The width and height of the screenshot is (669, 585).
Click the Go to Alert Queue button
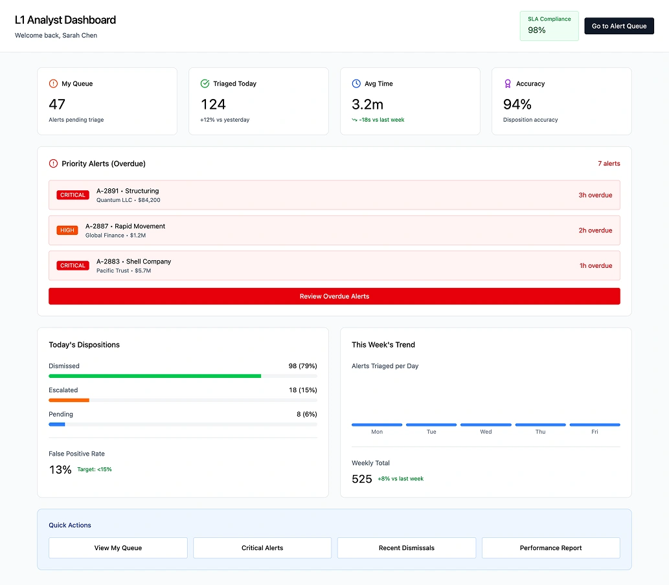pyautogui.click(x=619, y=26)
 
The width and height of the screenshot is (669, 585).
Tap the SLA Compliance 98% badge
pyautogui.click(x=549, y=25)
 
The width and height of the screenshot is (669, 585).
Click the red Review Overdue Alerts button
pyautogui.click(x=334, y=296)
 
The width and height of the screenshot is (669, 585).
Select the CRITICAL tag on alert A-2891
pyautogui.click(x=73, y=195)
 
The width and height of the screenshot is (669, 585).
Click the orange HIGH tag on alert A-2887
pyautogui.click(x=67, y=230)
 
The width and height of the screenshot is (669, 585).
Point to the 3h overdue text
pyautogui.click(x=595, y=195)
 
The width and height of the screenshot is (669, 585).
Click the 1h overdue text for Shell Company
pyautogui.click(x=596, y=265)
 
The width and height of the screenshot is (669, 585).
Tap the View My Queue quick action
pyautogui.click(x=118, y=547)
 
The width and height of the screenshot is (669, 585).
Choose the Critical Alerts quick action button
pyautogui.click(x=262, y=547)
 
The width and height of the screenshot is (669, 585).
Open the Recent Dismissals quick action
pyautogui.click(x=407, y=547)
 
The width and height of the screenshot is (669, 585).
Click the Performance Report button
pyautogui.click(x=550, y=547)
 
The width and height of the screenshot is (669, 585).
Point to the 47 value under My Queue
pyautogui.click(x=57, y=104)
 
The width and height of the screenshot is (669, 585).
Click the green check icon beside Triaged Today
pyautogui.click(x=205, y=83)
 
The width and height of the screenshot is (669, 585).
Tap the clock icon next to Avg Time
pyautogui.click(x=356, y=83)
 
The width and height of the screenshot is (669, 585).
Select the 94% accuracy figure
pyautogui.click(x=517, y=104)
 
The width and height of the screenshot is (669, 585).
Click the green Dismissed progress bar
pyautogui.click(x=155, y=376)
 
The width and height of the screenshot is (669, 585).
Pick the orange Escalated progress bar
pyautogui.click(x=69, y=400)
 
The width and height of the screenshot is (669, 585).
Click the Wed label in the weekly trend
pyautogui.click(x=486, y=432)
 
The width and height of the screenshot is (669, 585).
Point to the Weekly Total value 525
pyautogui.click(x=362, y=479)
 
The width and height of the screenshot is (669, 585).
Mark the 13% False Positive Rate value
pyautogui.click(x=60, y=470)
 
